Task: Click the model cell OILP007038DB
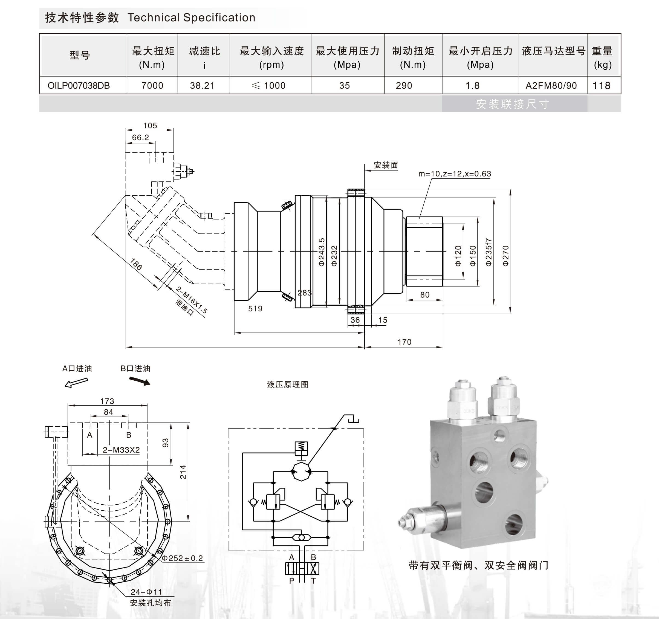[79, 86]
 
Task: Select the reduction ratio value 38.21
[202, 86]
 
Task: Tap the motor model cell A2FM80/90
[551, 86]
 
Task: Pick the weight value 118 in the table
[601, 86]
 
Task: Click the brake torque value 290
[404, 86]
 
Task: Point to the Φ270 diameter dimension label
[505, 256]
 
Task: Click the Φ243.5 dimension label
[322, 252]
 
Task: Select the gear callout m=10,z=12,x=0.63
[455, 174]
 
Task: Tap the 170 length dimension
[404, 342]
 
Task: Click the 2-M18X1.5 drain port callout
[192, 300]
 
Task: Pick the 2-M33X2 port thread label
[121, 450]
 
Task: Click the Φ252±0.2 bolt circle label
[182, 558]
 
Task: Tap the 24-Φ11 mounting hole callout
[146, 592]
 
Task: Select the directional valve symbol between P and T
[302, 569]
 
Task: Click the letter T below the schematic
[313, 581]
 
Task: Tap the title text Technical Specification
[191, 18]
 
